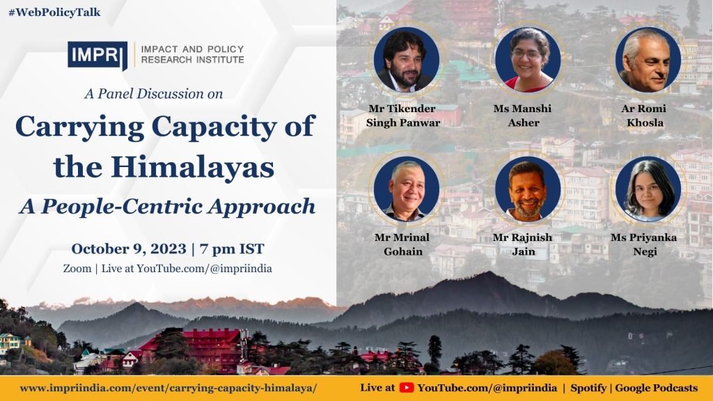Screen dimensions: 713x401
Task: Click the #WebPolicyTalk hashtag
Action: (54, 13)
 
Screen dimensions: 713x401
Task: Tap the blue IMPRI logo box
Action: (97, 56)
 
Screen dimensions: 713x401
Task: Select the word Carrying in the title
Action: (79, 127)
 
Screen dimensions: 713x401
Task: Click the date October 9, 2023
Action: (129, 249)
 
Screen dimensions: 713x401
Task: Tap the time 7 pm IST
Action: (232, 249)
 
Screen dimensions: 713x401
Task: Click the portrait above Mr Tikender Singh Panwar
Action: (407, 60)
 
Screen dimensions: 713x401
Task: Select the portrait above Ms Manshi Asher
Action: (528, 60)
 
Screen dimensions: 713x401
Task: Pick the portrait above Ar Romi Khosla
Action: (648, 60)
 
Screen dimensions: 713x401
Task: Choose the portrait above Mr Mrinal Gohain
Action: (407, 189)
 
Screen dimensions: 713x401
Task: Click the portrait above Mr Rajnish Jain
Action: (528, 189)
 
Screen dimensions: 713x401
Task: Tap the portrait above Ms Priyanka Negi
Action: (648, 189)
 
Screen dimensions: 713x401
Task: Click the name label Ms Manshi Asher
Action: (523, 116)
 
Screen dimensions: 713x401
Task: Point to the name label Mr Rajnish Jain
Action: (523, 244)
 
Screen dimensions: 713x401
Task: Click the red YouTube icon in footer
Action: (407, 388)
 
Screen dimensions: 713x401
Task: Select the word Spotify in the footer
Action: (588, 388)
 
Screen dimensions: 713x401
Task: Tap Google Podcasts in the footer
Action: (656, 388)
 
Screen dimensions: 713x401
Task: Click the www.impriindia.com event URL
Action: (169, 388)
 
